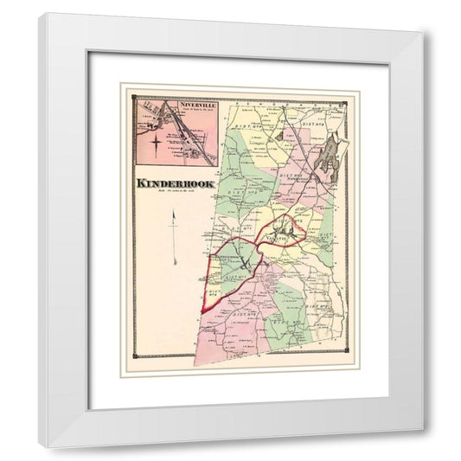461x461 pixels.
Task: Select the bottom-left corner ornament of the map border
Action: pyautogui.click(x=133, y=357)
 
